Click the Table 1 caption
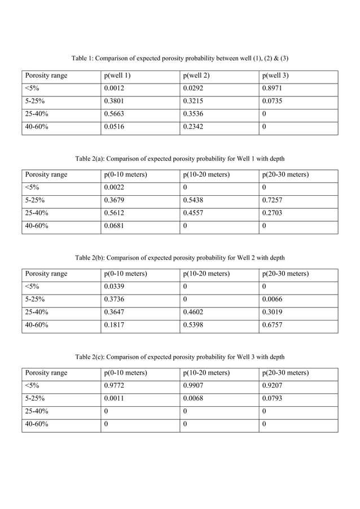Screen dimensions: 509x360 (179, 59)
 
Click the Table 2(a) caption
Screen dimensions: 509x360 (179, 158)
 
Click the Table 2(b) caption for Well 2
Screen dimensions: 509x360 (179, 258)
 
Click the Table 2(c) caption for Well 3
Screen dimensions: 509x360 (179, 357)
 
